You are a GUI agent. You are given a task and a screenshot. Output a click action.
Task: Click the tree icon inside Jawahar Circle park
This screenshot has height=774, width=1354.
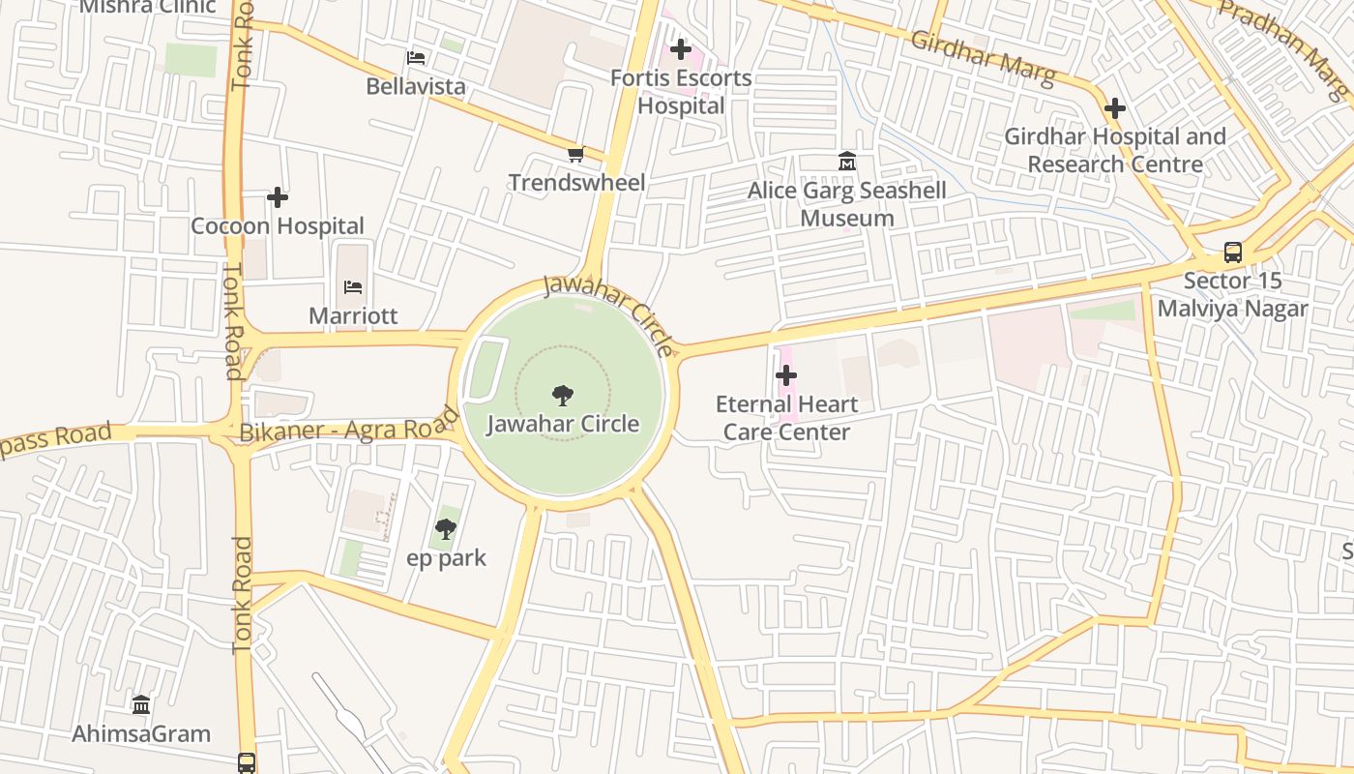tap(562, 395)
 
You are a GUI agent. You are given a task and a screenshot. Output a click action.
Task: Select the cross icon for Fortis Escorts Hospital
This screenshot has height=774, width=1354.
tap(681, 48)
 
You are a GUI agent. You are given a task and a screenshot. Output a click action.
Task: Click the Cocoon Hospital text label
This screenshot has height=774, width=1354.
tap(278, 226)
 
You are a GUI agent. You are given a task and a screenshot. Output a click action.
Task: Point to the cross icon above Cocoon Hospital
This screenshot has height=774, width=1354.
tap(278, 197)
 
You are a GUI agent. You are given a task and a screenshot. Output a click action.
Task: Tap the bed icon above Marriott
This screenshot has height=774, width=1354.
tap(353, 287)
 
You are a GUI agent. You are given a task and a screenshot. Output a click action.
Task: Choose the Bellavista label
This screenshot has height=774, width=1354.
tap(416, 86)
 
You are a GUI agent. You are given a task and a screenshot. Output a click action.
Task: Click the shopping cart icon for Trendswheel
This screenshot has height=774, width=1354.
tap(576, 154)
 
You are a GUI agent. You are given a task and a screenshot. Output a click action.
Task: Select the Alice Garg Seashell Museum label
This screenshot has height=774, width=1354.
tap(847, 203)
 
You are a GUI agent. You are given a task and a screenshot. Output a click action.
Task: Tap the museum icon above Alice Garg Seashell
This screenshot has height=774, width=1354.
tap(848, 161)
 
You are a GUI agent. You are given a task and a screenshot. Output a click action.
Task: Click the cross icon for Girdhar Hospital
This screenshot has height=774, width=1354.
tap(1115, 107)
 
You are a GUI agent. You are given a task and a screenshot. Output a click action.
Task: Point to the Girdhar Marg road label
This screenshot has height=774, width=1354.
tap(983, 59)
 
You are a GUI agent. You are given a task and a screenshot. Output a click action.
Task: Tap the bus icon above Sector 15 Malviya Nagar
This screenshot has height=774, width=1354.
tap(1233, 253)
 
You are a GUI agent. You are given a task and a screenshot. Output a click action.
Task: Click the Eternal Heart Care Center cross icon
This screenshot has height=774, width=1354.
tap(787, 374)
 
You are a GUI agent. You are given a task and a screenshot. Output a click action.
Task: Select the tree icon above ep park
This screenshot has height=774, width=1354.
tap(446, 528)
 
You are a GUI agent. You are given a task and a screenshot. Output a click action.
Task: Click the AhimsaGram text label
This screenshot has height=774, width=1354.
tap(141, 733)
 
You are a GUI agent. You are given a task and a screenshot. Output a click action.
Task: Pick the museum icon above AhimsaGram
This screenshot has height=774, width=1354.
tap(141, 703)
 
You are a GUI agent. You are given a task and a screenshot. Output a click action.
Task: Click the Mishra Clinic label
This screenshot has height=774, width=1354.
tap(147, 7)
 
